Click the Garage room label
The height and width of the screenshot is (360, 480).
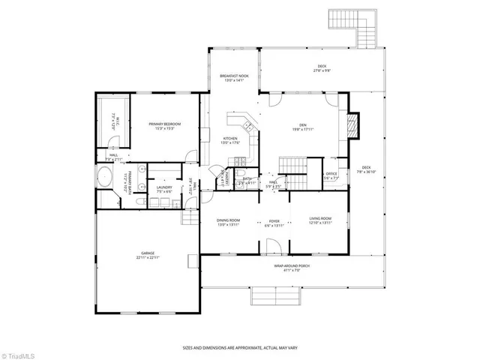[148, 256]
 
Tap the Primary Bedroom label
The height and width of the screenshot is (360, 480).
[164, 125]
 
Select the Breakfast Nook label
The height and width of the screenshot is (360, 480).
[234, 78]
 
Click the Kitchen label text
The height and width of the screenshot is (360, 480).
[230, 140]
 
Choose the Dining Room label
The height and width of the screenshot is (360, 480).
[228, 222]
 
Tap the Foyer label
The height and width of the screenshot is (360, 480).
[274, 222]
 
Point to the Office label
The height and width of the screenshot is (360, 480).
[331, 176]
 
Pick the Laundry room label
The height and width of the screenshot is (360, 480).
[164, 190]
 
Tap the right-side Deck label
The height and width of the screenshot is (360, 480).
[366, 169]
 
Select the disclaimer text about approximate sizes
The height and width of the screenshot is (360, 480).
[240, 347]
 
